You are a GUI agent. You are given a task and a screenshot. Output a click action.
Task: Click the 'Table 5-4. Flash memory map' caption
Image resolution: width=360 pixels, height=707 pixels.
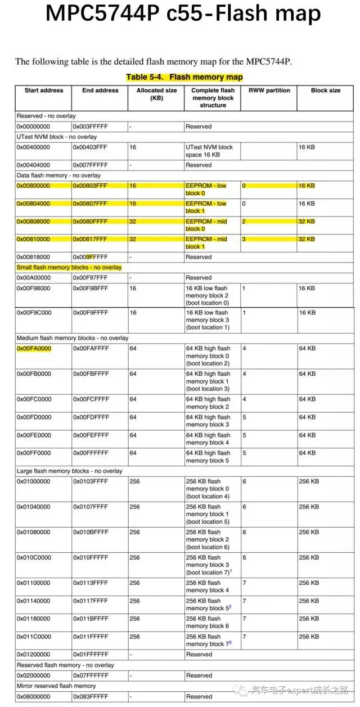[184, 77]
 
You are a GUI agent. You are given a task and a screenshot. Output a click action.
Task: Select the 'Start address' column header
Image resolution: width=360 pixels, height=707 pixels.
[44, 91]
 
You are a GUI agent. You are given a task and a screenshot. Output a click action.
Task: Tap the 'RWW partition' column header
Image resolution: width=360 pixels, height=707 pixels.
[269, 91]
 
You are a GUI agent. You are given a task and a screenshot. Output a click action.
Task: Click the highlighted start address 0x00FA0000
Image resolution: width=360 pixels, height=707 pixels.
[34, 349]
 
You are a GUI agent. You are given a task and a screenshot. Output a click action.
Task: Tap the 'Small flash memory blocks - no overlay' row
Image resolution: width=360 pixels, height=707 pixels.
[69, 267]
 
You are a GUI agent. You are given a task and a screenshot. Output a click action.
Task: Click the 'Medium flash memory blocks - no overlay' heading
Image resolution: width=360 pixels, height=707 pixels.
[73, 338]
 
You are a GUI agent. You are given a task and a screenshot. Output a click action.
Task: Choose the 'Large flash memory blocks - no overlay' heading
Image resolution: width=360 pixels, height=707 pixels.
[69, 471]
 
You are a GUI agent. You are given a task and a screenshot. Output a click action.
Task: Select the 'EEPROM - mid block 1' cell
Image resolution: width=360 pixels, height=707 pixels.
[206, 243]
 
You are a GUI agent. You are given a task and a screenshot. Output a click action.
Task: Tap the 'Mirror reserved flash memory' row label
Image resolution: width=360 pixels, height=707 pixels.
[56, 686]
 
